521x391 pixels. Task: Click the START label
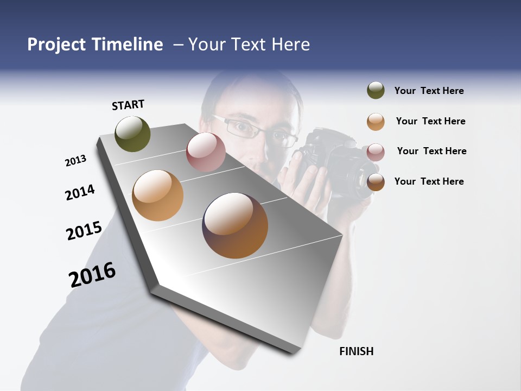[128, 105]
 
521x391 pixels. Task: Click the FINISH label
[356, 351]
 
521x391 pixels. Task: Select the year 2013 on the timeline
[75, 161]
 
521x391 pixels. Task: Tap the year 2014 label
[80, 192]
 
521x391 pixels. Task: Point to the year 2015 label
[84, 231]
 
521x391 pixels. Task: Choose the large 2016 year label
[92, 275]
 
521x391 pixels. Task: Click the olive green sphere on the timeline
[132, 134]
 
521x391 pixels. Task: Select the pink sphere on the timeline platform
[206, 152]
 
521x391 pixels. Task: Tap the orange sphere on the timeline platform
[157, 195]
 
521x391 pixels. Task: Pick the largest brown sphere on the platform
[235, 225]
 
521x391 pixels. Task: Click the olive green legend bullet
[376, 91]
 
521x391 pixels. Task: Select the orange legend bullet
[376, 122]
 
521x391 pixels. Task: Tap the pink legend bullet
[376, 152]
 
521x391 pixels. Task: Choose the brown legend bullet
[376, 182]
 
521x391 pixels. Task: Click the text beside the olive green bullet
[429, 91]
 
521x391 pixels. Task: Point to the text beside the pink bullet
[431, 151]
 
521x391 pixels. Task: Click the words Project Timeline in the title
[95, 45]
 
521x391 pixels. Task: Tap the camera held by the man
[331, 163]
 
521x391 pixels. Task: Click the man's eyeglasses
[255, 130]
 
